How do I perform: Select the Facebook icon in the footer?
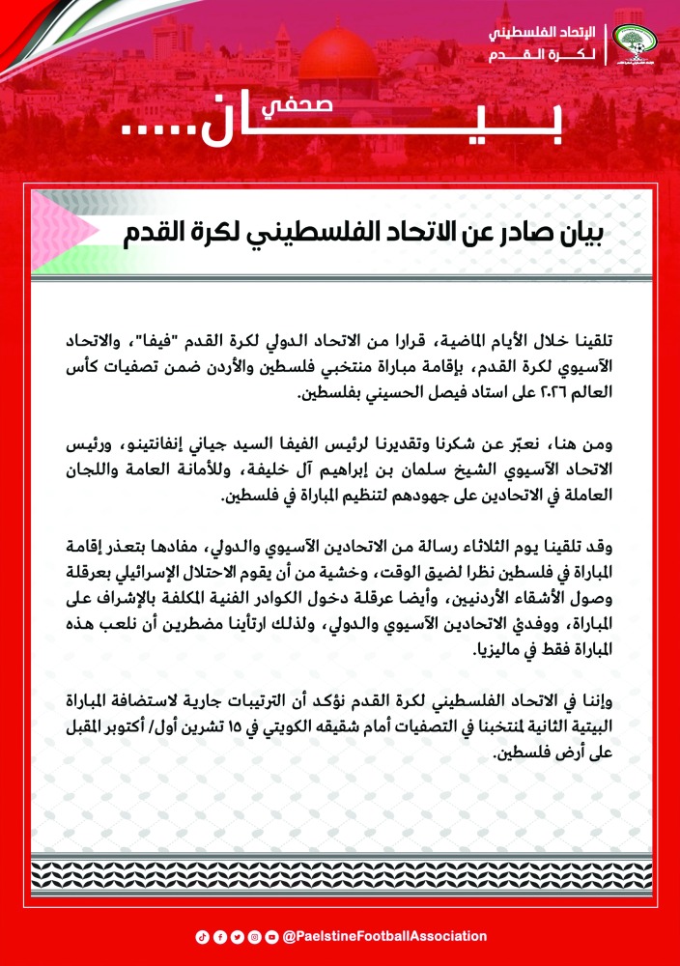click(x=219, y=936)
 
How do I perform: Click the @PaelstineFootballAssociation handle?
click(x=385, y=936)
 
